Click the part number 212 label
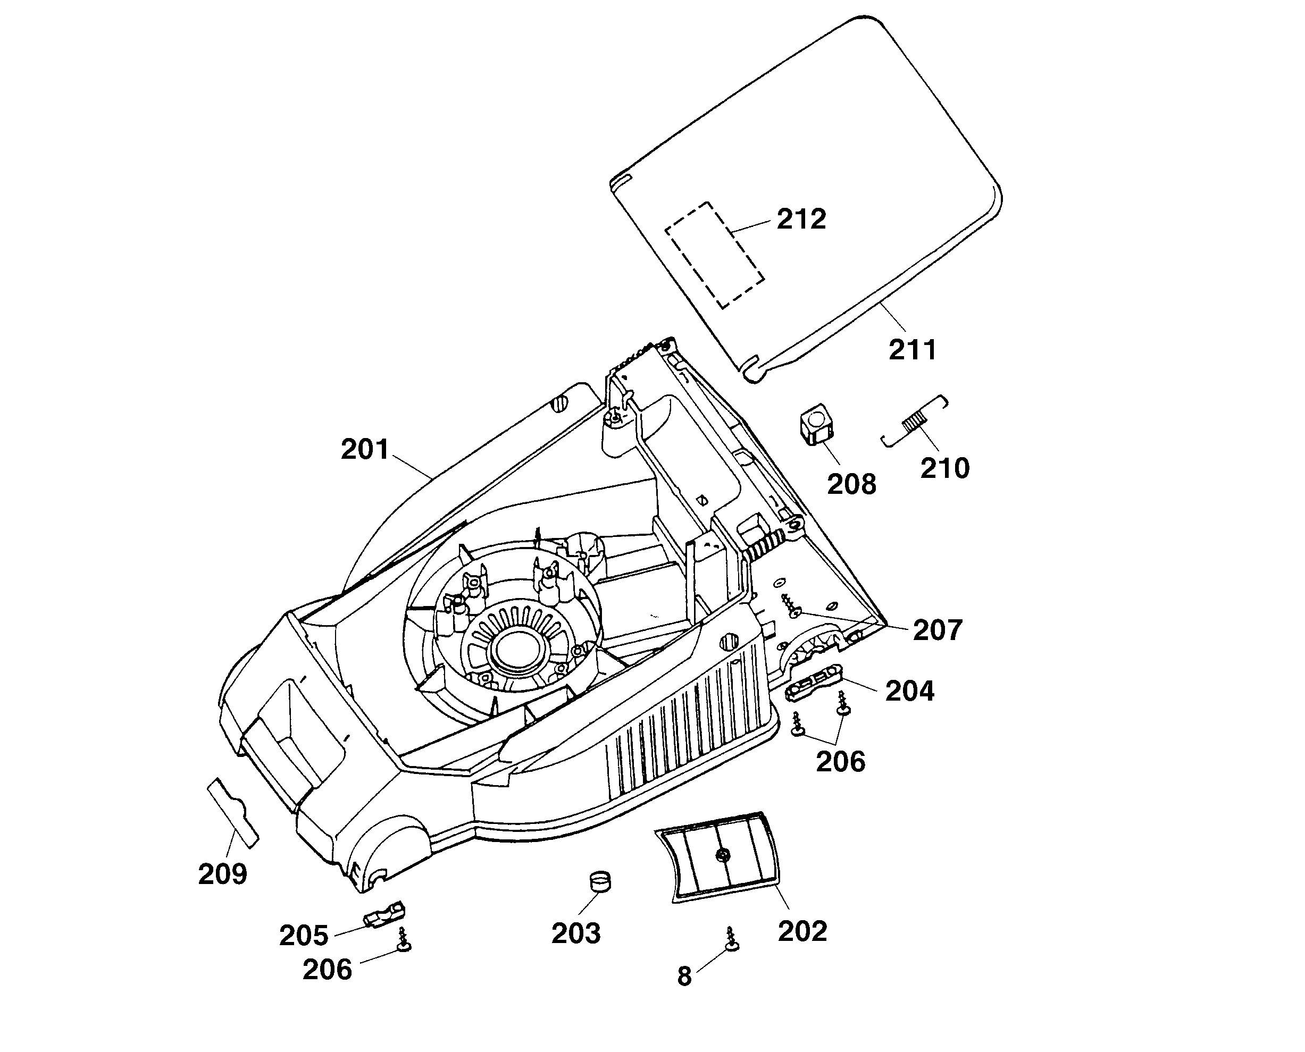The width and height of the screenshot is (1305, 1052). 801,220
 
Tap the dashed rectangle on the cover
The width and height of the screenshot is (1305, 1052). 714,255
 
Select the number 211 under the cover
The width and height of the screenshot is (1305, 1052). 912,350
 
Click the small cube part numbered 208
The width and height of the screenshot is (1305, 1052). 815,425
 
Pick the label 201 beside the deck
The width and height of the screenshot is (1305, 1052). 364,450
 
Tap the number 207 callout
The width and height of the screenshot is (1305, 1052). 937,630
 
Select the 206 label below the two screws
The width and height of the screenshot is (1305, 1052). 840,762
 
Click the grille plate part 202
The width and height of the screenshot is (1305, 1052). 719,857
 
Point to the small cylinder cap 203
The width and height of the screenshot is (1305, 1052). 600,881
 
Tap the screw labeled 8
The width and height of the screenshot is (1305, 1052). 732,940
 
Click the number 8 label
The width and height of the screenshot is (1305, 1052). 684,977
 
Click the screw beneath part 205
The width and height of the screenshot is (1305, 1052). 403,941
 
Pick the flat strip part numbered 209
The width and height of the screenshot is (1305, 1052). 233,812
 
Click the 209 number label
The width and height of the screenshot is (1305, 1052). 222,874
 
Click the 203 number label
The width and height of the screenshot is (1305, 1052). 575,933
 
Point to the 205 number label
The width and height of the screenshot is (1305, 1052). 303,936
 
